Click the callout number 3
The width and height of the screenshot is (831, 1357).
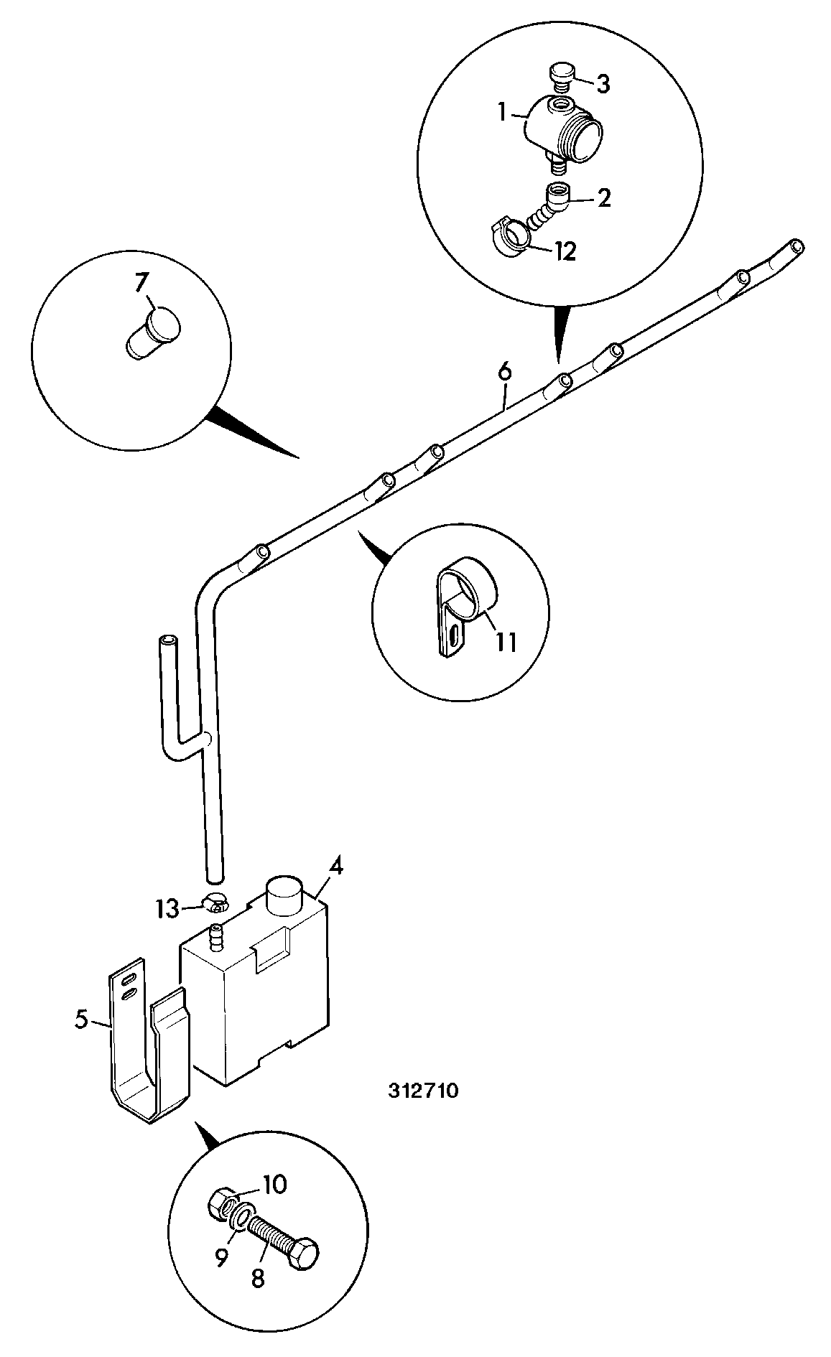point(603,84)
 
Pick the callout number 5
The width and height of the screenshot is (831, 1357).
point(82,1020)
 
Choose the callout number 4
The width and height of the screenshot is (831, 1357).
point(335,867)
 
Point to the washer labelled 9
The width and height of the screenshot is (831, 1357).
point(241,1218)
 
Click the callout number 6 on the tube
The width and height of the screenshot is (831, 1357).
point(505,372)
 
